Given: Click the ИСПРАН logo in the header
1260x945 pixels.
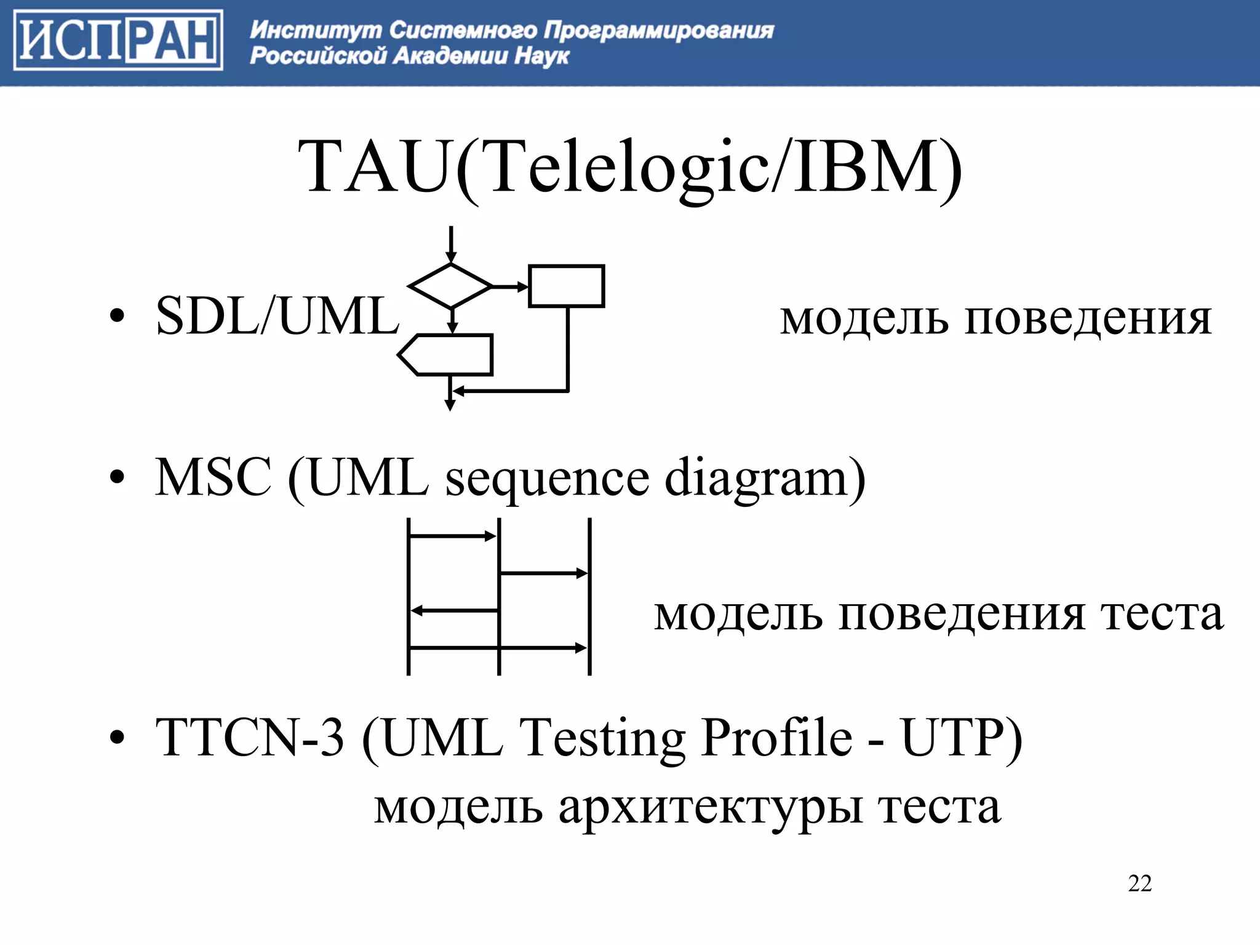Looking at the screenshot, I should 118,40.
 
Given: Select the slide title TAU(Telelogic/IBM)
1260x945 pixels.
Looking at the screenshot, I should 629,167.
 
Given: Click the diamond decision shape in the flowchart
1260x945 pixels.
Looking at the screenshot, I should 450,286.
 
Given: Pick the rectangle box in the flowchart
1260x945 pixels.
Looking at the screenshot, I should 566,286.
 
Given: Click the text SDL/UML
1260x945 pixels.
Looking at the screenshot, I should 277,316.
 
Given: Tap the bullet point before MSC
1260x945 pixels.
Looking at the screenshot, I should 117,478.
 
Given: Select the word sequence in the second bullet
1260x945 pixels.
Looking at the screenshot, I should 547,479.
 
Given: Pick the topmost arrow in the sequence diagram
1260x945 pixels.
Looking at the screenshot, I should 453,536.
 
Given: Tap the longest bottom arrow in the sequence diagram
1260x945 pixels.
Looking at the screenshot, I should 498,648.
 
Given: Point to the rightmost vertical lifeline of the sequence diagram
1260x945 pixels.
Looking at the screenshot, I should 589,597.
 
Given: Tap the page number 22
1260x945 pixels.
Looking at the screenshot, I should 1139,883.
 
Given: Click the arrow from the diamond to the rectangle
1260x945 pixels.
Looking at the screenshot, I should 510,287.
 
